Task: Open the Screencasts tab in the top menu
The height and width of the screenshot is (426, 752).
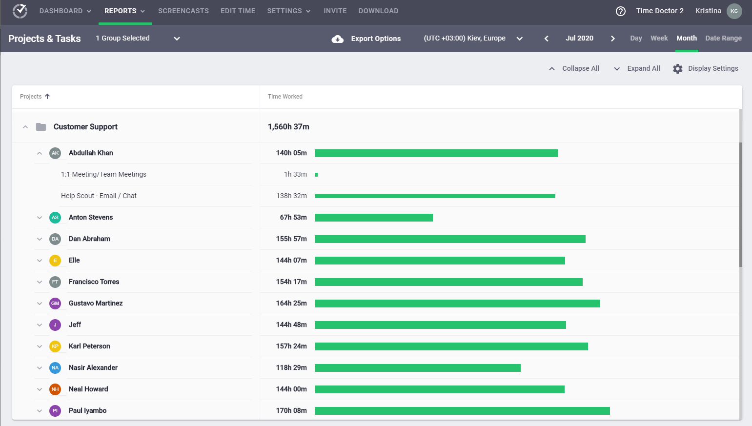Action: click(183, 11)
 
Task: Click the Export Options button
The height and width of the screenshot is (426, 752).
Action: click(366, 39)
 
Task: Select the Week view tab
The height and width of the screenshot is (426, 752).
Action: click(659, 38)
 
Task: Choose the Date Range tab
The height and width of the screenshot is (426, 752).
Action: click(723, 38)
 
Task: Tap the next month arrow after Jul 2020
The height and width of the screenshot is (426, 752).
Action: click(613, 39)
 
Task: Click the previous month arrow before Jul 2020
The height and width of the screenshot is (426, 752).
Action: click(547, 39)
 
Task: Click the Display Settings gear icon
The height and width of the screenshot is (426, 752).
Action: click(678, 69)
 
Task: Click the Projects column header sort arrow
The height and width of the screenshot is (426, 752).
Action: click(47, 97)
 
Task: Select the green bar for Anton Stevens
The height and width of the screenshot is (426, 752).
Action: click(373, 218)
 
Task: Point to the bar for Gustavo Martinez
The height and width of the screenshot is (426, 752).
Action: click(457, 304)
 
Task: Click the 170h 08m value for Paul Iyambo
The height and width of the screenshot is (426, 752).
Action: click(291, 411)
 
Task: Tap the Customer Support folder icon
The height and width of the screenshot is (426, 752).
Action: click(41, 127)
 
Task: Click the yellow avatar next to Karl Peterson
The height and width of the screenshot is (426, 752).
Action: click(55, 346)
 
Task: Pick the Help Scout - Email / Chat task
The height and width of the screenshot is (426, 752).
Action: click(99, 196)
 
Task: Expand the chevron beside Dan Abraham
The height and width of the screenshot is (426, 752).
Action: click(40, 239)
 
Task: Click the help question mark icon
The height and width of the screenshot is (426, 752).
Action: click(621, 11)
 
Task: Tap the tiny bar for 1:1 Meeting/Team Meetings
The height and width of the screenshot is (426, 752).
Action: click(316, 175)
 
